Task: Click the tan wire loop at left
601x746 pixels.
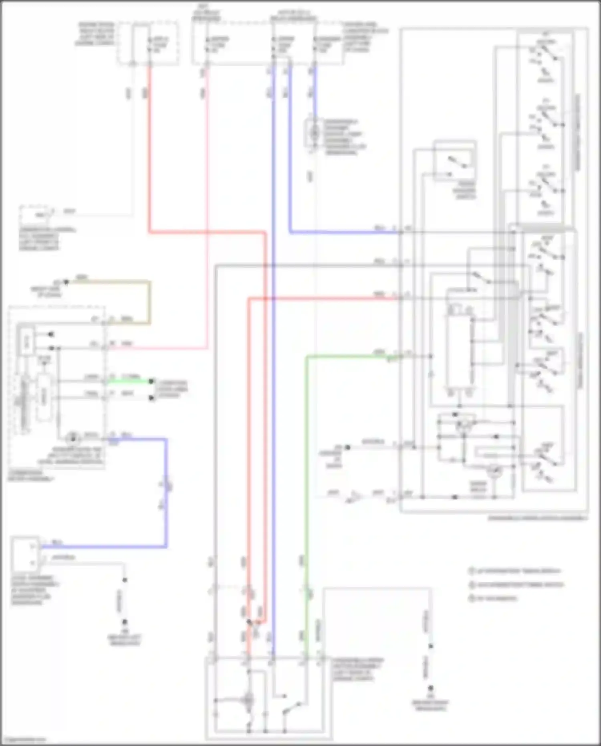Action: tap(150, 301)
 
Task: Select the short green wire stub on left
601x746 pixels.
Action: tap(128, 381)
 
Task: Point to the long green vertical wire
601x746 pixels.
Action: tap(306, 481)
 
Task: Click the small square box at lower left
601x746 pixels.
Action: tap(25, 554)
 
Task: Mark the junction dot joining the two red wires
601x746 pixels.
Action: tap(249, 622)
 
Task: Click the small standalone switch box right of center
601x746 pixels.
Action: tap(454, 160)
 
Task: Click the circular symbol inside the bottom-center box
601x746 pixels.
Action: tap(248, 700)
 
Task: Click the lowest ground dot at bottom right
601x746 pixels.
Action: tap(431, 688)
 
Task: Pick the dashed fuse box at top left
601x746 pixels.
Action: tap(148, 43)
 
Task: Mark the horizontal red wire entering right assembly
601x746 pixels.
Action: tap(321, 298)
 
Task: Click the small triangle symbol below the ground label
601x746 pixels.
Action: tap(354, 497)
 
